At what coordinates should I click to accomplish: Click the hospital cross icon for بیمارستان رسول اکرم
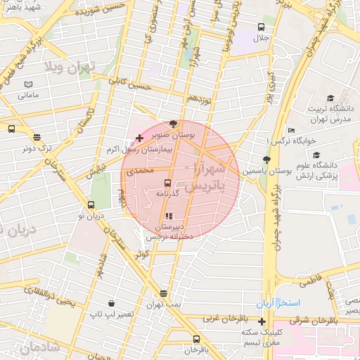pos(139,137)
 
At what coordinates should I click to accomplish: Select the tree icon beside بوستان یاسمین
pos(266,160)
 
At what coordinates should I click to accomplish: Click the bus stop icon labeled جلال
pos(259,27)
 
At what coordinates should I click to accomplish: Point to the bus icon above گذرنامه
pos(167,182)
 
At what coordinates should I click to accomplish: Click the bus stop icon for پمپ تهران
pos(164,294)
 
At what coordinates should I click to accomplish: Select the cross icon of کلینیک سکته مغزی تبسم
pos(262,321)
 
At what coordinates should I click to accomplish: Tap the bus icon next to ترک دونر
pos(11,129)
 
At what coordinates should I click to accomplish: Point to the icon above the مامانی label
pos(28,84)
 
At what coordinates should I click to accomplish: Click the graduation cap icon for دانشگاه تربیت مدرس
pos(330,98)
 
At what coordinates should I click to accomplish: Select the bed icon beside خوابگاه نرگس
pos(292,130)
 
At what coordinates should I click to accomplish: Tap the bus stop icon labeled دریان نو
pos(91,205)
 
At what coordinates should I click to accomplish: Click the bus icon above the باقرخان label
pos(196,339)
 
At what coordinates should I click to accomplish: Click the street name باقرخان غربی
pos(222,318)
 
